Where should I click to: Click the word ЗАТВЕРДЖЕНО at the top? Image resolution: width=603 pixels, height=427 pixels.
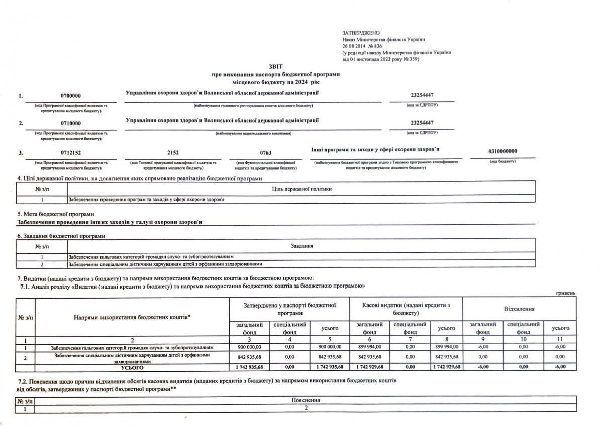point(357,32)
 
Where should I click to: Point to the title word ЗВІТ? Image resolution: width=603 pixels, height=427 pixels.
point(276,66)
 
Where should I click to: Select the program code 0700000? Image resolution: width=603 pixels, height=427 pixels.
point(71,95)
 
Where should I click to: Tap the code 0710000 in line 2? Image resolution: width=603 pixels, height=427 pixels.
point(71,123)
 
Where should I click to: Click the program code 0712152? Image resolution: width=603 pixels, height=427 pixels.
point(71,152)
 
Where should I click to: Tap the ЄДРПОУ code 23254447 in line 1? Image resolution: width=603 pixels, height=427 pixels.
point(422,95)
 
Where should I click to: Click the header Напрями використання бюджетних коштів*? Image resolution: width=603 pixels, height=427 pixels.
point(132,317)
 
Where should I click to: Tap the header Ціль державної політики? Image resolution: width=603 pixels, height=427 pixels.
point(301,188)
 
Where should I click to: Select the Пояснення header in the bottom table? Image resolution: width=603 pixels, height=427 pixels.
point(305,400)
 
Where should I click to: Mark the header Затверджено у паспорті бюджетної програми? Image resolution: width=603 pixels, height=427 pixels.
point(289,308)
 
